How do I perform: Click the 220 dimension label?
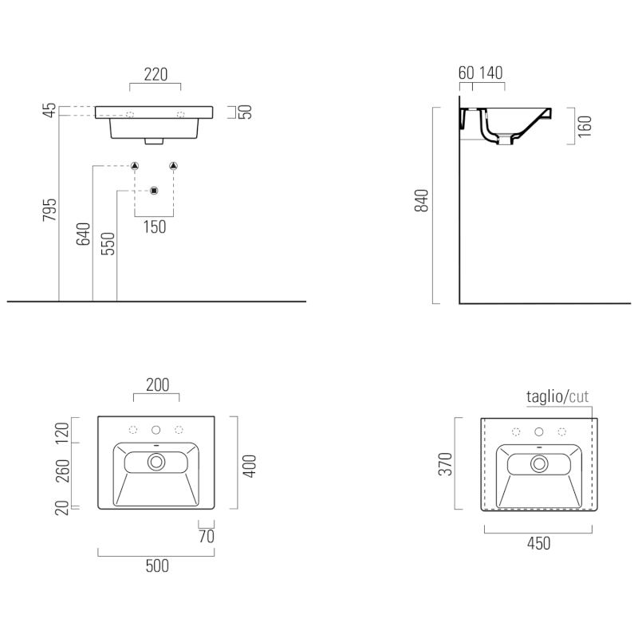pyautogui.click(x=156, y=74)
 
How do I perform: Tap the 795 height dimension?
pyautogui.click(x=49, y=210)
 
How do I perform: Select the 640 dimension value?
pyautogui.click(x=83, y=234)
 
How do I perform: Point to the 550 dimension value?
pyautogui.click(x=108, y=244)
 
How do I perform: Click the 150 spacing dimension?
pyautogui.click(x=155, y=226)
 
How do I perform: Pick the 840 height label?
pyautogui.click(x=422, y=201)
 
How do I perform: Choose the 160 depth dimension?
pyautogui.click(x=585, y=126)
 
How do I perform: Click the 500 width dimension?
pyautogui.click(x=157, y=565)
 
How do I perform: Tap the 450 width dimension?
pyautogui.click(x=539, y=543)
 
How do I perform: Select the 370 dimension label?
pyautogui.click(x=445, y=464)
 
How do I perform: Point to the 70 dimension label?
pyautogui.click(x=207, y=536)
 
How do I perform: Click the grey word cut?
pyautogui.click(x=579, y=396)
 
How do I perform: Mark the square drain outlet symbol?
pyautogui.click(x=154, y=191)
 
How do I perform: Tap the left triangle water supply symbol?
pyautogui.click(x=135, y=166)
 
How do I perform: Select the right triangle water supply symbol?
pyautogui.click(x=173, y=166)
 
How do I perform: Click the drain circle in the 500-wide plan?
pyautogui.click(x=156, y=462)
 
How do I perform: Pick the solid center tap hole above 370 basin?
pyautogui.click(x=539, y=431)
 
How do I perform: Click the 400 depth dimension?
pyautogui.click(x=250, y=467)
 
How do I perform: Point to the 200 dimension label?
pyautogui.click(x=157, y=384)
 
